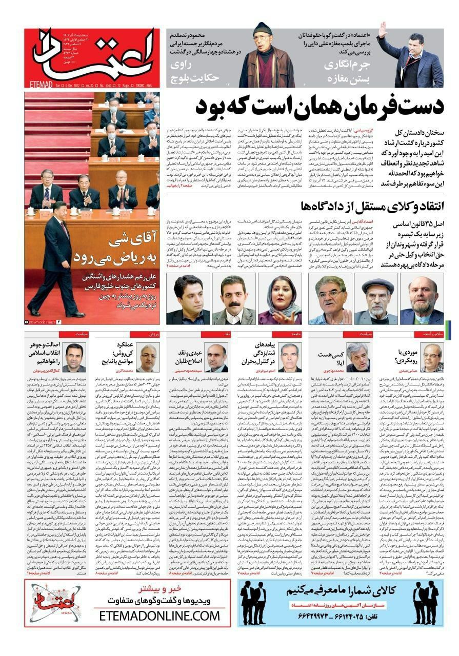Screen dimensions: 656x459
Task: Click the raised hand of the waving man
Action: click(x=382, y=30)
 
